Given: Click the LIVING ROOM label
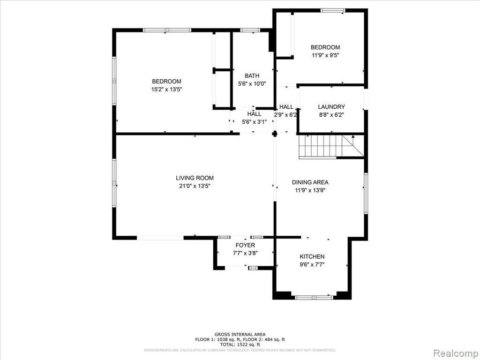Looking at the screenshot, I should [x=195, y=178].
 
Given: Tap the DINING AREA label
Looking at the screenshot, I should [x=310, y=182].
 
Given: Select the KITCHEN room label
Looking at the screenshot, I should [x=312, y=256].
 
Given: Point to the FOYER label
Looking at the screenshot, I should [x=245, y=245].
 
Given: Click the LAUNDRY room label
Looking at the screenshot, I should [x=331, y=107].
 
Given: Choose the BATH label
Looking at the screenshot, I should [x=252, y=76].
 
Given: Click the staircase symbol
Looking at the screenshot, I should [x=331, y=146].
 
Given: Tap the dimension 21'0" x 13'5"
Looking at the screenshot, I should [x=195, y=186].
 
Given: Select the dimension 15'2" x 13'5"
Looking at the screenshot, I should [x=166, y=89].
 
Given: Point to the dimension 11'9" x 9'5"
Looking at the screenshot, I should [x=325, y=55].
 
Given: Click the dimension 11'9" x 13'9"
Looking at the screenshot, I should [x=310, y=190].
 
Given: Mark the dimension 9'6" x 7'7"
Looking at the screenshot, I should [x=312, y=264].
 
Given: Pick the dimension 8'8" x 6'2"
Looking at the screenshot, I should [x=331, y=115].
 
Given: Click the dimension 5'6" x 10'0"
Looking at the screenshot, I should [x=252, y=84].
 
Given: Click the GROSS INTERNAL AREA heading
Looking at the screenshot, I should [x=240, y=334].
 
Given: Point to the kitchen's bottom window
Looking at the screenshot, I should [x=314, y=297].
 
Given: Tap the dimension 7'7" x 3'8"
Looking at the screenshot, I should [x=245, y=253].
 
